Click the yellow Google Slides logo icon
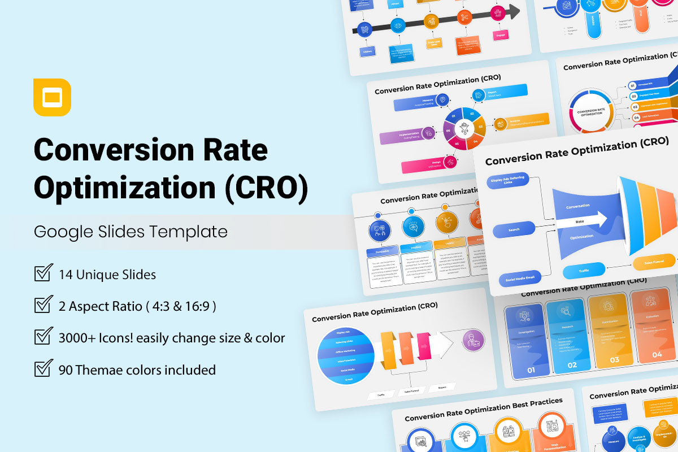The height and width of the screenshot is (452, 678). point(52,97)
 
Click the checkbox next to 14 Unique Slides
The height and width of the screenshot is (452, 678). point(44,273)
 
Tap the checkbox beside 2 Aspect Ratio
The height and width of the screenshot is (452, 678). point(44,305)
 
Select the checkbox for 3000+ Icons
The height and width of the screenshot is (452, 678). point(44,337)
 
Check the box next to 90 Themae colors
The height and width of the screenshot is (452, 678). point(44,369)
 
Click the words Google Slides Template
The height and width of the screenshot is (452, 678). point(131,231)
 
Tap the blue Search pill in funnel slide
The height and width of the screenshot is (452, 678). point(514,230)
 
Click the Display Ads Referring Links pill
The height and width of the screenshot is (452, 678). point(508,181)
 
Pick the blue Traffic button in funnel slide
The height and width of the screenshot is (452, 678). point(584,271)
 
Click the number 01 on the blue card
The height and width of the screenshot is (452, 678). point(531,371)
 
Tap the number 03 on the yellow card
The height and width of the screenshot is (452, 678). point(614,359)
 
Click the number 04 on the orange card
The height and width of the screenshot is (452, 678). point(657,354)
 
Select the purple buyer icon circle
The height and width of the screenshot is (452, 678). point(473,340)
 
